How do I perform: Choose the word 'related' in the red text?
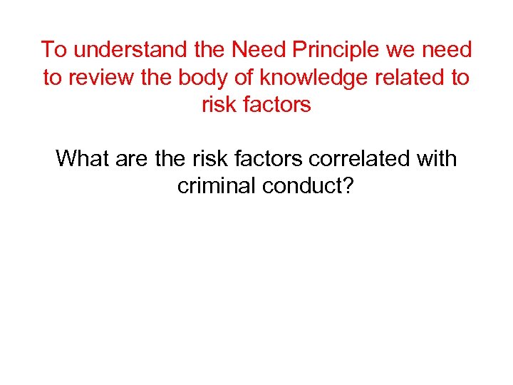(410, 77)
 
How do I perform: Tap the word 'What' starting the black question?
(81, 158)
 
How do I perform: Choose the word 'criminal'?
(217, 185)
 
